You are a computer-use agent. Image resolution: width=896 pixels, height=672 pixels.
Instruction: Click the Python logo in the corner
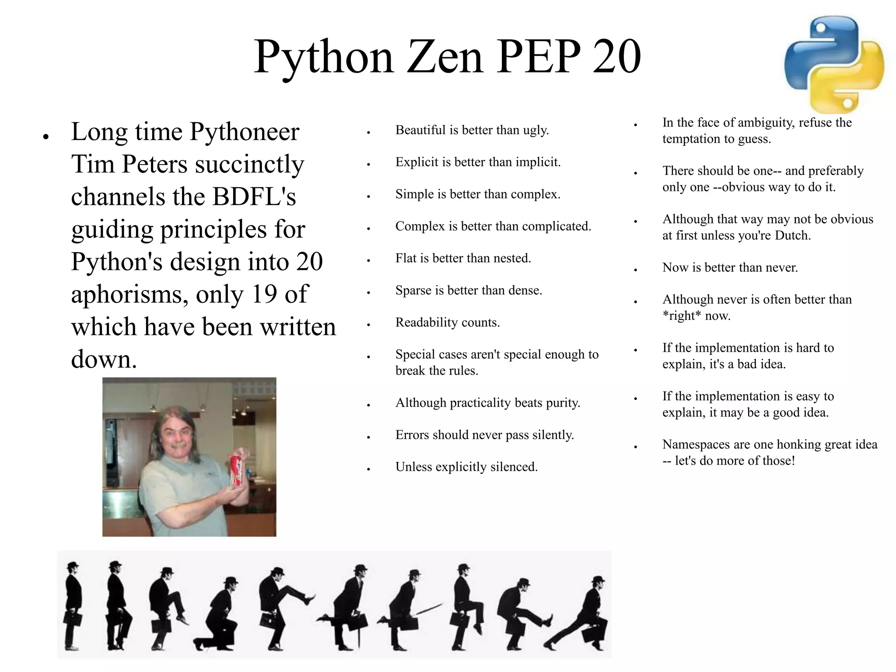[834, 65]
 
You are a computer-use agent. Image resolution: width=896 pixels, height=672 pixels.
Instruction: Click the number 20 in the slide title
[616, 56]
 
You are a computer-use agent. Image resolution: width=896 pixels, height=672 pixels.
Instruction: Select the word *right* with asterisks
[682, 316]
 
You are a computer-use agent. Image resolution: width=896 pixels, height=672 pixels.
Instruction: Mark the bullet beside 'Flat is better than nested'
[369, 260]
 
